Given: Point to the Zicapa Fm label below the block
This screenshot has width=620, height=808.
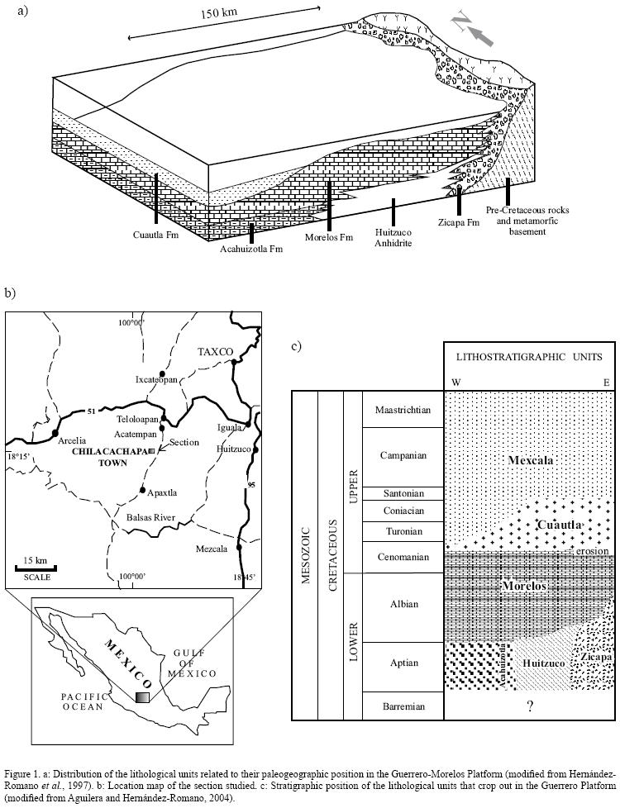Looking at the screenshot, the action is pyautogui.click(x=459, y=222).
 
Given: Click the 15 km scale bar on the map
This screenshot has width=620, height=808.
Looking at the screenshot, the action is pyautogui.click(x=36, y=568).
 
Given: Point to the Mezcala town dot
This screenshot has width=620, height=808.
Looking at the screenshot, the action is pyautogui.click(x=240, y=546).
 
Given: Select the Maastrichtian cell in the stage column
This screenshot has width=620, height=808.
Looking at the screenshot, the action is pyautogui.click(x=402, y=410).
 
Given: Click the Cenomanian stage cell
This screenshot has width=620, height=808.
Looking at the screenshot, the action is pyautogui.click(x=402, y=557).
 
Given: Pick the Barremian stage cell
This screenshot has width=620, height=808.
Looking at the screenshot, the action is pyautogui.click(x=402, y=706).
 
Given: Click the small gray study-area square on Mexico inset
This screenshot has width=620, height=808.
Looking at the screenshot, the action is pyautogui.click(x=143, y=697).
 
